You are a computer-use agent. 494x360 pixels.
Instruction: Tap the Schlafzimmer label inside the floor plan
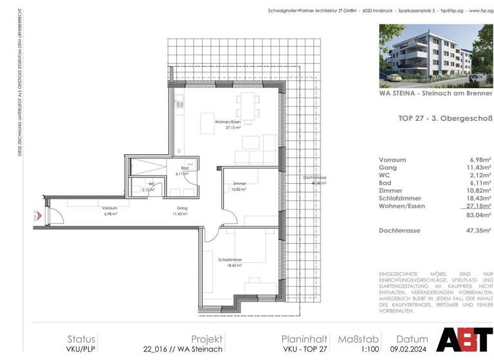tap(230, 258)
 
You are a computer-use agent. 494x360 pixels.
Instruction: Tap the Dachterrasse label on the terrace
tap(315, 178)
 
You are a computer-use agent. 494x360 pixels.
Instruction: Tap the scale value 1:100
tap(350, 350)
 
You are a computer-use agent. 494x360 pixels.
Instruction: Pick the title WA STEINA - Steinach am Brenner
tap(435, 93)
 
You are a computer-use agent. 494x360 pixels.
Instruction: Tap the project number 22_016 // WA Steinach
tap(183, 350)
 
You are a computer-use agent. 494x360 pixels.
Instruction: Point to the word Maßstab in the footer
tap(350, 339)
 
